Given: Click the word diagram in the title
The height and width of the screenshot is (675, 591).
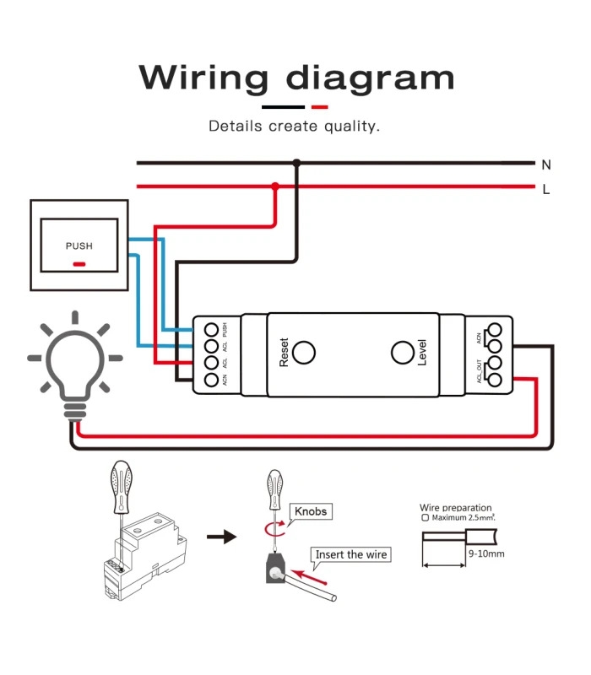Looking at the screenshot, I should (370, 78).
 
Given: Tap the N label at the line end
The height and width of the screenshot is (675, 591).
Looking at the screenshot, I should (546, 165).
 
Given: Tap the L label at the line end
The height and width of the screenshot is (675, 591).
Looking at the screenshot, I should (546, 190).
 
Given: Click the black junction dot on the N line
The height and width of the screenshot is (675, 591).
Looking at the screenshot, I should (295, 162).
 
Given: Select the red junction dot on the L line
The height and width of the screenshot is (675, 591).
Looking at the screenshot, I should (275, 186).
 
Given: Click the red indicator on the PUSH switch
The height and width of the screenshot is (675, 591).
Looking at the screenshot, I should (79, 264).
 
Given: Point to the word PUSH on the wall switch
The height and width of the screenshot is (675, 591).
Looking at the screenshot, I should (79, 246).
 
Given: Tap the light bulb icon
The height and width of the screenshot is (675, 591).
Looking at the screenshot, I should (74, 363).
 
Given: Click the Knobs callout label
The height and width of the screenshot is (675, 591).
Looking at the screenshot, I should (310, 511).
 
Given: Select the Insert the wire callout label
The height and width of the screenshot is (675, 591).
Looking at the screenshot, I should (351, 554).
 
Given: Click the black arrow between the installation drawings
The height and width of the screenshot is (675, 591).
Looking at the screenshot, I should (221, 537).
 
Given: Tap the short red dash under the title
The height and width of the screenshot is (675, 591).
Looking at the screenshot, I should (319, 107).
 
